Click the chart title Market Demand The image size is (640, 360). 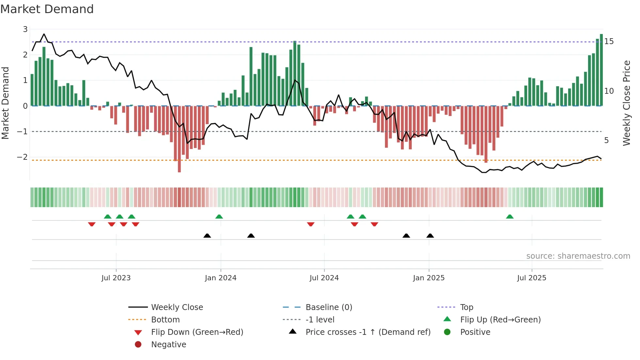click(47, 9)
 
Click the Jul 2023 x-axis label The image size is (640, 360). click(116, 278)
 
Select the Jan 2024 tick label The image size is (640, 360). click(220, 278)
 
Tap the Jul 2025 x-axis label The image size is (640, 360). click(532, 278)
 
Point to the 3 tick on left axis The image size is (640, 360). click(25, 29)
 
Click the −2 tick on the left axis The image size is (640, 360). click(22, 157)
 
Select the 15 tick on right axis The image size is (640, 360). click(609, 41)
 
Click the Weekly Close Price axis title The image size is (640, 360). click(626, 103)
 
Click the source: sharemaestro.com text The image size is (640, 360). click(578, 256)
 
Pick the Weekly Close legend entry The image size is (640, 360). click(177, 307)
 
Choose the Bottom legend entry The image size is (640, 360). click(165, 320)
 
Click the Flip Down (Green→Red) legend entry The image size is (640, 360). click(197, 332)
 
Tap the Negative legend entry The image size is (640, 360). click(168, 345)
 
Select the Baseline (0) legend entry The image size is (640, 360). click(328, 307)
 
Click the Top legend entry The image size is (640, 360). click(466, 307)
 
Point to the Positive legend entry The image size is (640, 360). click(475, 332)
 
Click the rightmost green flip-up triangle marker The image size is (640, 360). click(510, 217)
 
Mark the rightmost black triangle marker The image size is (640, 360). click(430, 236)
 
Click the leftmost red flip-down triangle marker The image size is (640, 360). click(92, 224)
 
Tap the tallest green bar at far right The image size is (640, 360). click(601, 70)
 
